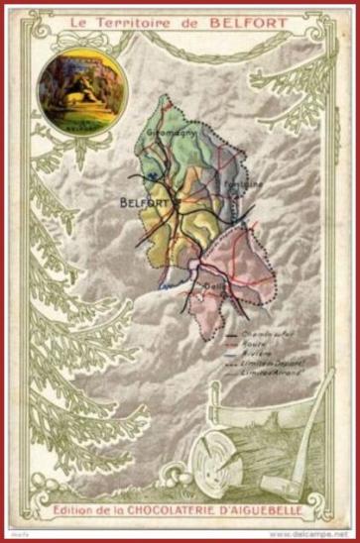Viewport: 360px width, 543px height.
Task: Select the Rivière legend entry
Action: [260, 353]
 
